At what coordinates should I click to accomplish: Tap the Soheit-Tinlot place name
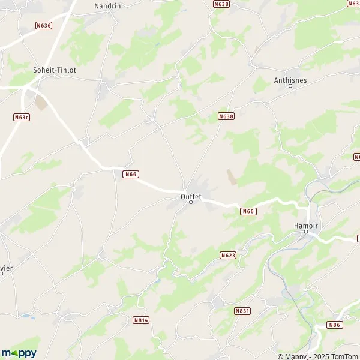click(55, 69)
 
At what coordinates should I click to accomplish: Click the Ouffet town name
click(191, 195)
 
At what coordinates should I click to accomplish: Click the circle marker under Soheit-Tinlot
click(55, 76)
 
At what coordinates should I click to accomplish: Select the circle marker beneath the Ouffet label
click(191, 202)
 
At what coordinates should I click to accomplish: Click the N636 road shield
click(44, 25)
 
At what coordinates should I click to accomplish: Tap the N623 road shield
click(228, 255)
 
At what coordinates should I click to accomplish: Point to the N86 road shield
click(334, 325)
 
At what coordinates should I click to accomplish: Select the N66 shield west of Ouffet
click(131, 174)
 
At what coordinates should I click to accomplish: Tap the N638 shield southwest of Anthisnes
click(226, 116)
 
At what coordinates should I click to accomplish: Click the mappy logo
click(19, 353)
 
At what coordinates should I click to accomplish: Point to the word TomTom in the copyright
click(343, 356)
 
